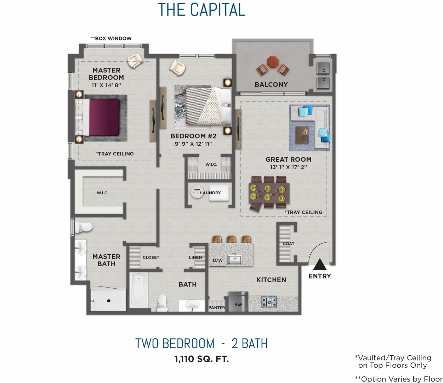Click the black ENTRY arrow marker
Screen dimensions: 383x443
319,265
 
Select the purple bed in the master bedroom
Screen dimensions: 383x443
103,117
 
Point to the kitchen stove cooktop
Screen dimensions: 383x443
269,302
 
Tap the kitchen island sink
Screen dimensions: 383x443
234,259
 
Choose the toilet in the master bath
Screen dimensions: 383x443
84,227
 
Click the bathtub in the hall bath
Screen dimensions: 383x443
139,290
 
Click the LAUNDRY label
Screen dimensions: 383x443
210,193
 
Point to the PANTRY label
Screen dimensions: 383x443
217,308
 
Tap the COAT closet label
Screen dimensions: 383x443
289,244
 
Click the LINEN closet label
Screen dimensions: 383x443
195,257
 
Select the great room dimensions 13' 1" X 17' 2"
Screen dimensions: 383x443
288,167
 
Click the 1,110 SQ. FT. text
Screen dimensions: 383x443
201,359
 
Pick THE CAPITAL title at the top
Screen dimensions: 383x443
201,10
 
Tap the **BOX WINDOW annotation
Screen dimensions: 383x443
111,38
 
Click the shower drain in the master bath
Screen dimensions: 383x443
109,301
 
